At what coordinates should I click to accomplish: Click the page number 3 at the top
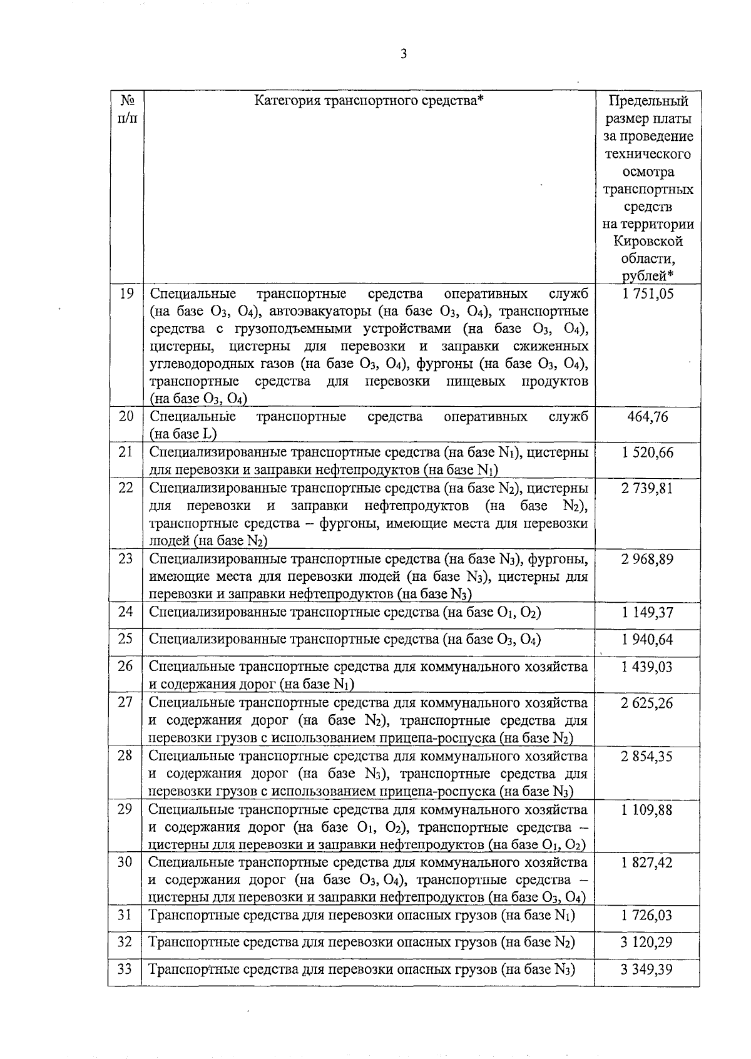[x=404, y=54]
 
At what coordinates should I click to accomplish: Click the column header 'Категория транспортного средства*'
[x=370, y=101]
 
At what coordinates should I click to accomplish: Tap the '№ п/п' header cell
[x=126, y=109]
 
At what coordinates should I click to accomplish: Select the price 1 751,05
[x=648, y=294]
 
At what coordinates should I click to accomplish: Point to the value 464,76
[x=648, y=417]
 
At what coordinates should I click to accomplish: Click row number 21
[x=126, y=451]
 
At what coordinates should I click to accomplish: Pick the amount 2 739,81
[x=647, y=488]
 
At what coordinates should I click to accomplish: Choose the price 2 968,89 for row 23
[x=647, y=559]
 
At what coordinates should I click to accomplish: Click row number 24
[x=126, y=611]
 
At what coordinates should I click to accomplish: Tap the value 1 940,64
[x=648, y=639]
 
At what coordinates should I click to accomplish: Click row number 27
[x=125, y=702]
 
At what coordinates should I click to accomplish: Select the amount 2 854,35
[x=647, y=756]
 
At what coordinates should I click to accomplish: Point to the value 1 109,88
[x=648, y=810]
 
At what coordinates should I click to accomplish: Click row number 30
[x=125, y=862]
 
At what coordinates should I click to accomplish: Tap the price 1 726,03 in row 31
[x=647, y=916]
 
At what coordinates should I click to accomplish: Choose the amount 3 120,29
[x=647, y=942]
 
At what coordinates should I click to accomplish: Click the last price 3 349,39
[x=647, y=969]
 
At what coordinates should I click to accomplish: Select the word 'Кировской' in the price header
[x=648, y=242]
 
